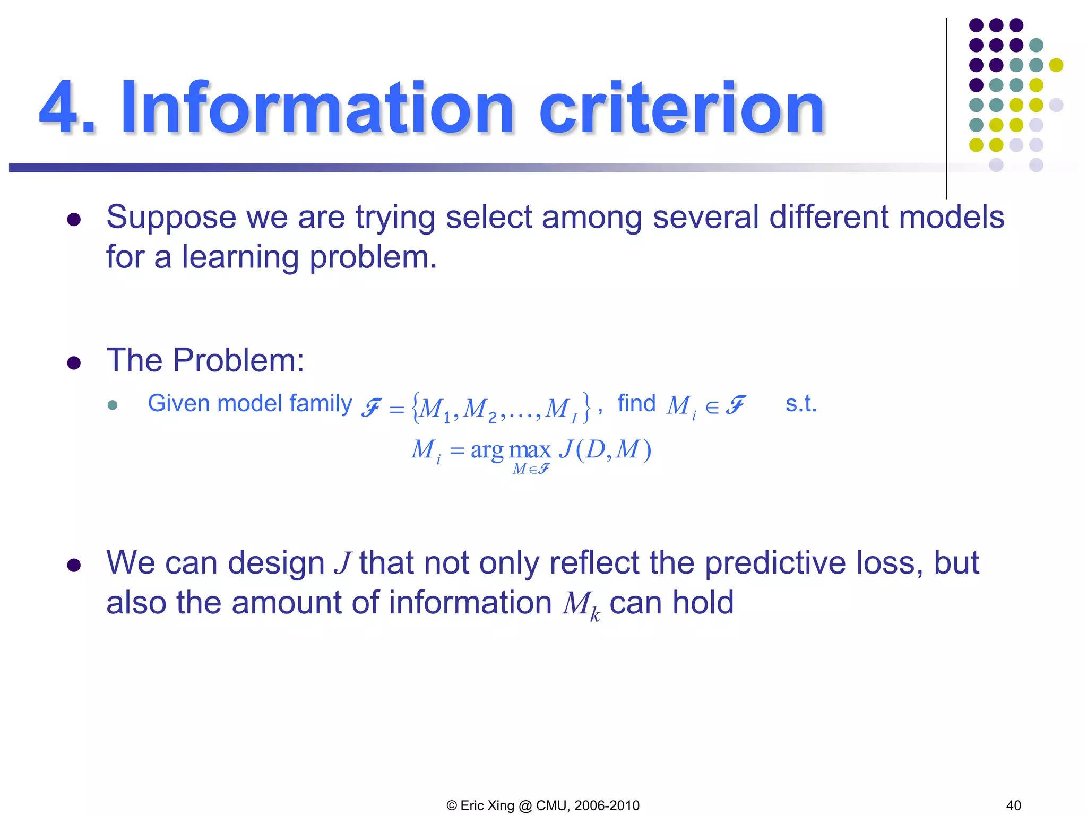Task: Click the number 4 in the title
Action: coord(60,108)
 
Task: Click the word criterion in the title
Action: coord(681,108)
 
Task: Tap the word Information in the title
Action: coord(317,108)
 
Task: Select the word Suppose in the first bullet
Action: coord(171,218)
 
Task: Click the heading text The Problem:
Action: coord(205,360)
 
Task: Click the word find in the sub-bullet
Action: coord(636,403)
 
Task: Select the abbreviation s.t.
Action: coord(800,404)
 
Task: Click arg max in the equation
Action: coord(511,450)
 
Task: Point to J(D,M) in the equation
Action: coord(605,450)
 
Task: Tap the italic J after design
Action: coord(342,563)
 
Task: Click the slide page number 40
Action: coord(1013,805)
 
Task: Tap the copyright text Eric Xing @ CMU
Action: coord(542,805)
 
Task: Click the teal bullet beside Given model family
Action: coord(112,405)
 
